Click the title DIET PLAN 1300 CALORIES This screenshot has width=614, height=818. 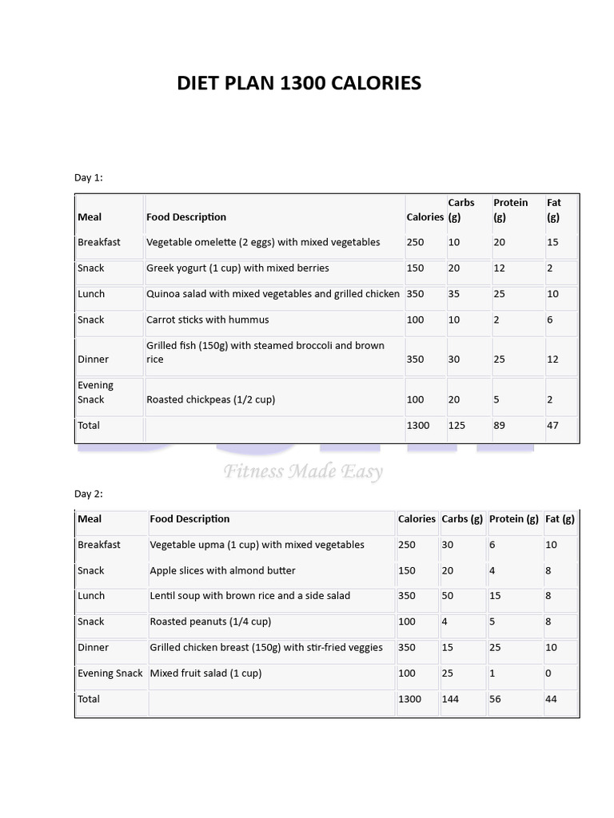(299, 83)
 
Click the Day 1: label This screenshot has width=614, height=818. (89, 177)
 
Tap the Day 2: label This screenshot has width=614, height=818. (89, 494)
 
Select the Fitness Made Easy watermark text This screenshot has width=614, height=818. (303, 471)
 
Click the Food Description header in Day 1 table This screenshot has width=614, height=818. (186, 216)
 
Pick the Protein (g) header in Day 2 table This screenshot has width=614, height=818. (513, 518)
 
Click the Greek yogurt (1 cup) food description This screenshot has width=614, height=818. (237, 268)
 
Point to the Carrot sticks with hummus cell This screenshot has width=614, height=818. (208, 320)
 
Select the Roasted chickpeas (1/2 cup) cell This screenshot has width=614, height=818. (210, 399)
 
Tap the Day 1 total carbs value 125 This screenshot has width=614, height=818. (457, 425)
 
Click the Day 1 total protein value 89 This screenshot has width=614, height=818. (499, 425)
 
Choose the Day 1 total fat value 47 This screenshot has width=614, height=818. (552, 425)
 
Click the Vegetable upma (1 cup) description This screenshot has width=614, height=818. (257, 545)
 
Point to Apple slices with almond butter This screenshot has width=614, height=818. (222, 570)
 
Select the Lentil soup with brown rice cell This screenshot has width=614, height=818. (249, 596)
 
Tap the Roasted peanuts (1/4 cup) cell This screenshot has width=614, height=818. (210, 621)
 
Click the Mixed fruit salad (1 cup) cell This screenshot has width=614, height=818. (205, 673)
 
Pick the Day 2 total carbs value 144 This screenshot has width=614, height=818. (451, 699)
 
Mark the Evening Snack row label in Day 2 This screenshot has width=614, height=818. (110, 673)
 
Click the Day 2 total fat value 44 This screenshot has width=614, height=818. (551, 699)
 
